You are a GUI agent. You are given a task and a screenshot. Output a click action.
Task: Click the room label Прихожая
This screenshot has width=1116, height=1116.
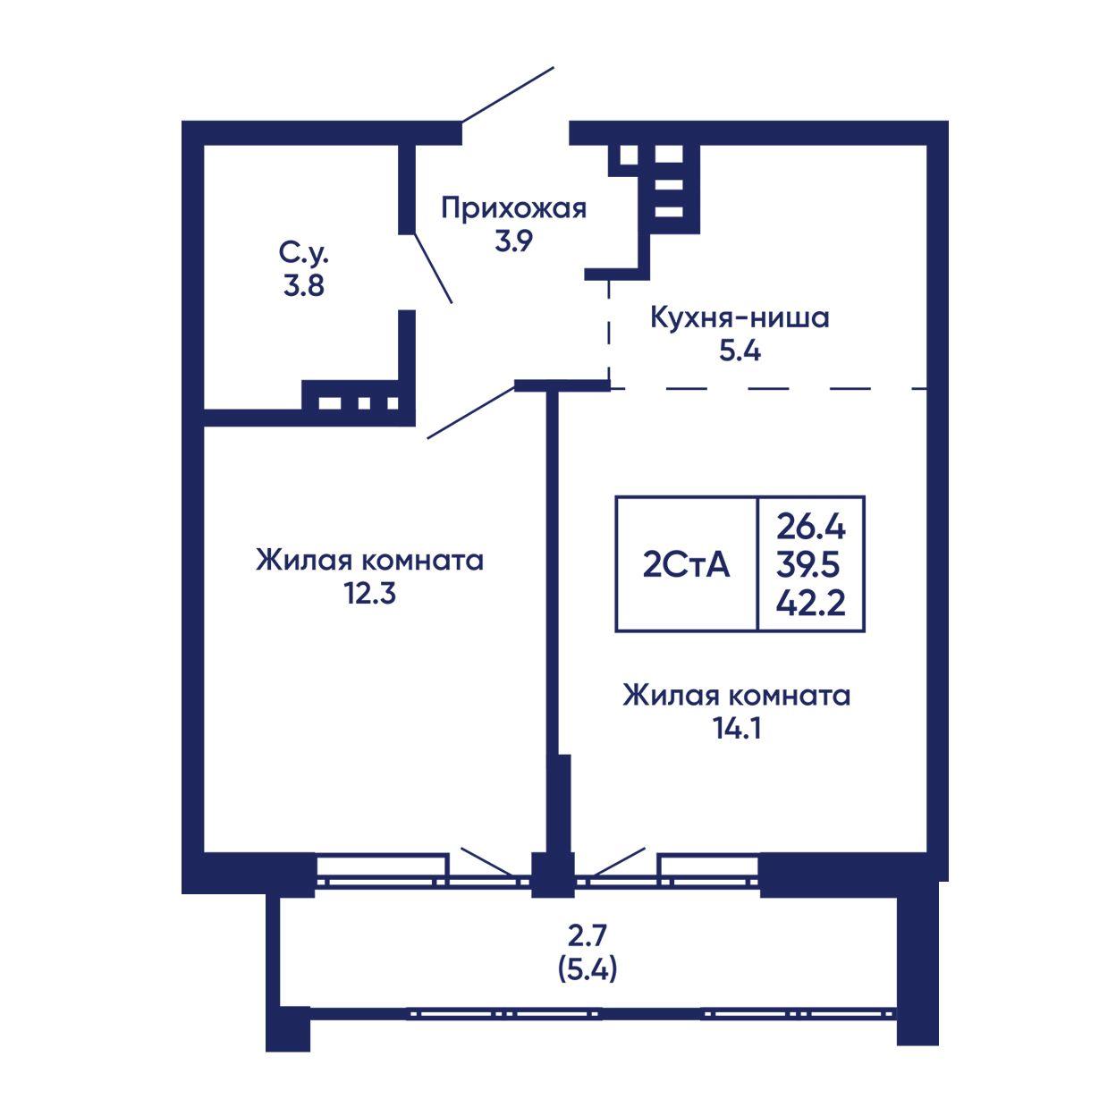[513, 209]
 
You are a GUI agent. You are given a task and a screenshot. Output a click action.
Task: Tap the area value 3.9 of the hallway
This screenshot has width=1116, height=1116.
[513, 241]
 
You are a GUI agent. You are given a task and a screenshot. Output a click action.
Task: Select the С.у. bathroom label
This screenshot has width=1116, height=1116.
[303, 254]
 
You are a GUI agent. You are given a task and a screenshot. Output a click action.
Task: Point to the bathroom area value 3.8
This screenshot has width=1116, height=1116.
[303, 285]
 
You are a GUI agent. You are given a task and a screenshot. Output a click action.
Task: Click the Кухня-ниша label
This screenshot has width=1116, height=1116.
[740, 318]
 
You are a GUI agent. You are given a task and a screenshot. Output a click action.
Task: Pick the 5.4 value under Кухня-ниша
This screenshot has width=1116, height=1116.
[740, 351]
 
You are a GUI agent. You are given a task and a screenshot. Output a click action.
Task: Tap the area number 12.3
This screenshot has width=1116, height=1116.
[370, 593]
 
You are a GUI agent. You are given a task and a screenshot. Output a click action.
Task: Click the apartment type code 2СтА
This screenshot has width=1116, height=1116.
[686, 565]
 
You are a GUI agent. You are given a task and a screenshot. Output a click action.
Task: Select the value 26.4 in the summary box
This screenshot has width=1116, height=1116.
[811, 527]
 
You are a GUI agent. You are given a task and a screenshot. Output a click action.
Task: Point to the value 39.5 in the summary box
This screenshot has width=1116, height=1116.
[807, 565]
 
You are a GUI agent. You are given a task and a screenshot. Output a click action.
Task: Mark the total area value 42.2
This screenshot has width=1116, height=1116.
[811, 604]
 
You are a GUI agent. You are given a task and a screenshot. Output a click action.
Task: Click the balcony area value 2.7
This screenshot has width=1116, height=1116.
[588, 934]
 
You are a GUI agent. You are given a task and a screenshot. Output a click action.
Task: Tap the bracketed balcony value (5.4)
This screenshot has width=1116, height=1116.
[588, 968]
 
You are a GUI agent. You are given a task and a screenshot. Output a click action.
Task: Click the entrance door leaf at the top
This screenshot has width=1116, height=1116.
[507, 95]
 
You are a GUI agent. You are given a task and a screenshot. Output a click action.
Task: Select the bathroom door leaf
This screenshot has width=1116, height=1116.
[434, 268]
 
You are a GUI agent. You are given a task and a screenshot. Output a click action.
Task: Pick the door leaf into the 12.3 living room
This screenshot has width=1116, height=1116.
[471, 412]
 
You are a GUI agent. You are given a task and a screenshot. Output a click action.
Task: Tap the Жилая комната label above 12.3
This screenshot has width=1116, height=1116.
[369, 561]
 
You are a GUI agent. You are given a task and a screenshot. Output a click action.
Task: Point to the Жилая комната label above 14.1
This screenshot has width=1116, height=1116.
[737, 696]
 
